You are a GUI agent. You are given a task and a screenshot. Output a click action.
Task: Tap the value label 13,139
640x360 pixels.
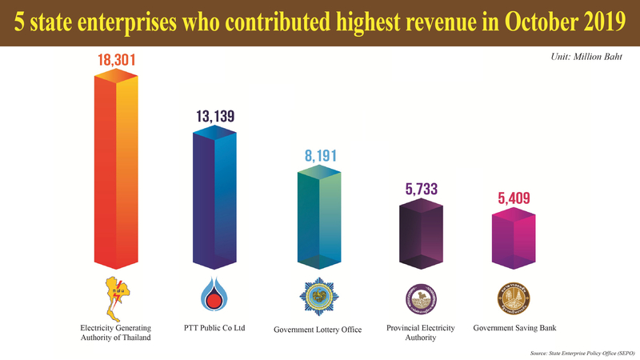215,117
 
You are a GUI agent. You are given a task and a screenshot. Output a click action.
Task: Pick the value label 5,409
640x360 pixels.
512,198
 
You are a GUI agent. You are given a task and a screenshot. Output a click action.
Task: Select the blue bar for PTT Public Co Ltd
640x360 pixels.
215,196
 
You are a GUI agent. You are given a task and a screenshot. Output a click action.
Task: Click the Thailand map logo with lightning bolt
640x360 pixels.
117,295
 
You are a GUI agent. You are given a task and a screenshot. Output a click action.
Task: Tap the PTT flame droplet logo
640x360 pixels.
215,295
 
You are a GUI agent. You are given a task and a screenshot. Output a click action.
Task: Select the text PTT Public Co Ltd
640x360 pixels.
215,327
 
